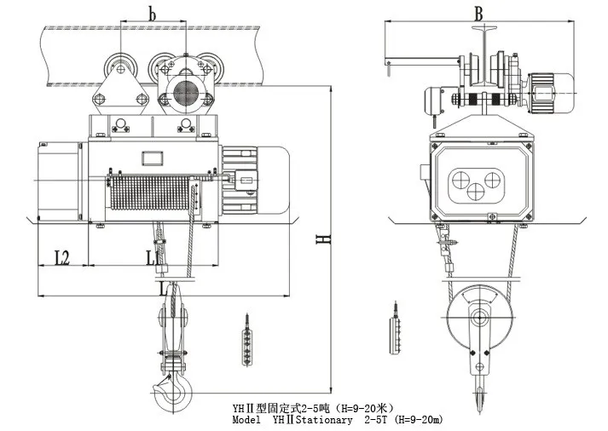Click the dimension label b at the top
152,14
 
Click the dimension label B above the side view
479,14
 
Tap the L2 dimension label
61,257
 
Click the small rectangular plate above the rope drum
153,158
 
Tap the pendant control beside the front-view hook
246,341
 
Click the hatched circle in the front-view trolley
186,92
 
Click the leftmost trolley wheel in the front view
120,69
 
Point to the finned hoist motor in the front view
255,181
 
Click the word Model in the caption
246,420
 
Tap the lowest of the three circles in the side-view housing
476,191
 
